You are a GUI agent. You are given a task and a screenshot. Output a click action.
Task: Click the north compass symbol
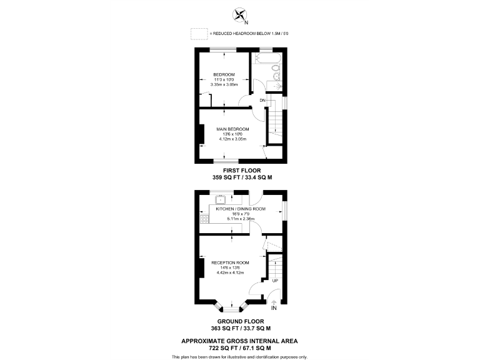pos(239,14)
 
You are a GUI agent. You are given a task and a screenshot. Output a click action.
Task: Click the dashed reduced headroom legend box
pos(199,32)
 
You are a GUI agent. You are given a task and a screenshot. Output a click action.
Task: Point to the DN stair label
pos(263,100)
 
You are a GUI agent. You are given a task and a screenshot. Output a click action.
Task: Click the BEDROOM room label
pos(224,74)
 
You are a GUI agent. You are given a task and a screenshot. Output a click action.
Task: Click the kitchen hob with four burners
pos(203,219)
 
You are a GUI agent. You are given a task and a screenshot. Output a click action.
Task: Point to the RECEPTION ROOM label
pos(230,262)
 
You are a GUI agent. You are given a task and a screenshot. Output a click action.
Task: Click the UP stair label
pos(276,282)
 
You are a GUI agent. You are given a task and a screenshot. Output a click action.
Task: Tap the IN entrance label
pos(274,308)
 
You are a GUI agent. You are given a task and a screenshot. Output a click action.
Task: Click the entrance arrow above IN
pos(274,302)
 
